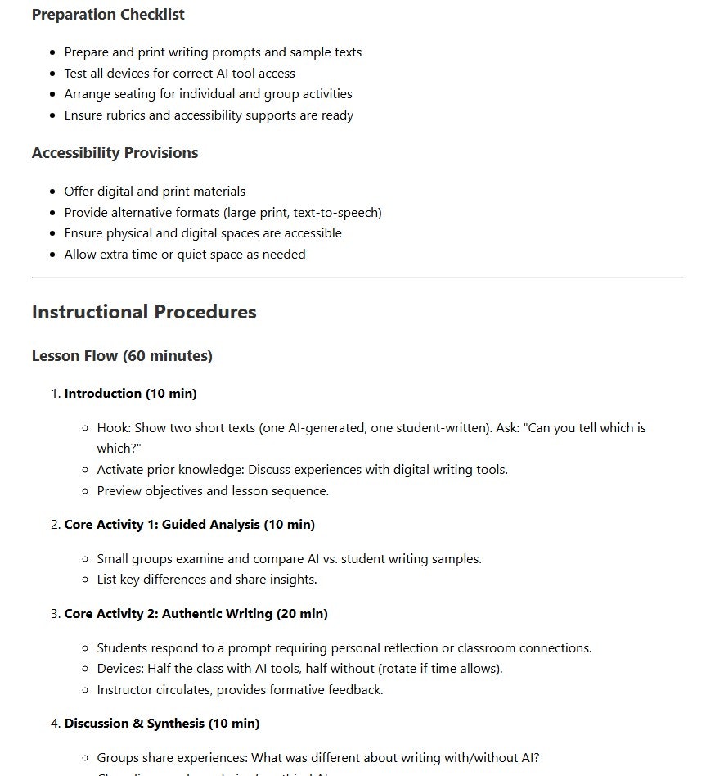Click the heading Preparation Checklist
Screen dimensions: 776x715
108,15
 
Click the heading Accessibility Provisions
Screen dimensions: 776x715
115,153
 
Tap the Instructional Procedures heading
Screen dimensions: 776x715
144,312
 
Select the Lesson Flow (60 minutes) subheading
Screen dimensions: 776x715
122,356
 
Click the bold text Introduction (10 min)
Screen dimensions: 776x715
130,394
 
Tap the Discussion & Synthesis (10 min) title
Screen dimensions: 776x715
161,724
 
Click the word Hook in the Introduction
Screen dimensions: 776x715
112,428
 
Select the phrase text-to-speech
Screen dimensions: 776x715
335,213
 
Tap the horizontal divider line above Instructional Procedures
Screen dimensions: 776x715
358,277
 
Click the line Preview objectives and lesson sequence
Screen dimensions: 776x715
213,491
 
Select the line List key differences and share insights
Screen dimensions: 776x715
206,580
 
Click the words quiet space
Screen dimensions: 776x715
214,255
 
